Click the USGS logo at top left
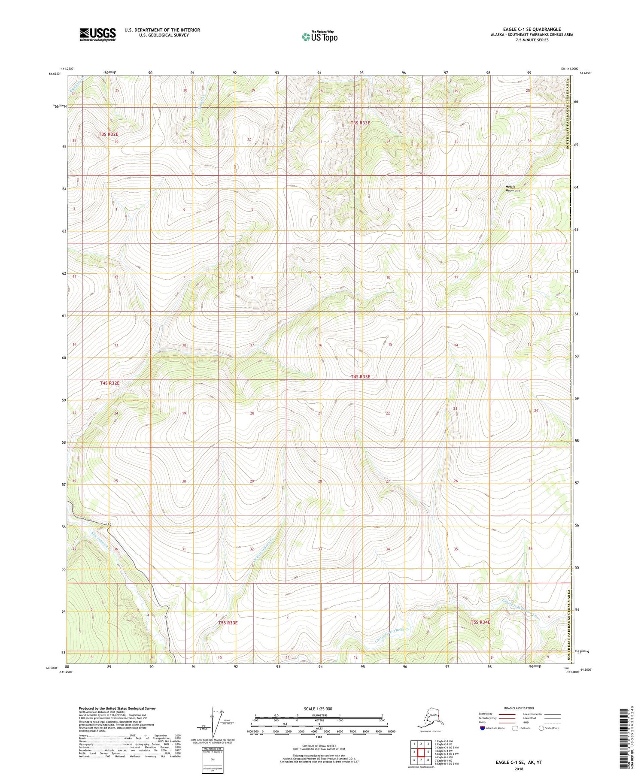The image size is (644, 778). pyautogui.click(x=97, y=34)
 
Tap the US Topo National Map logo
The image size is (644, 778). pyautogui.click(x=319, y=36)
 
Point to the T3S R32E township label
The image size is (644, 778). pyautogui.click(x=108, y=134)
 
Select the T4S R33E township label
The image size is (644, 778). pyautogui.click(x=360, y=377)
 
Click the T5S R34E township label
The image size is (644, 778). pyautogui.click(x=480, y=622)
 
